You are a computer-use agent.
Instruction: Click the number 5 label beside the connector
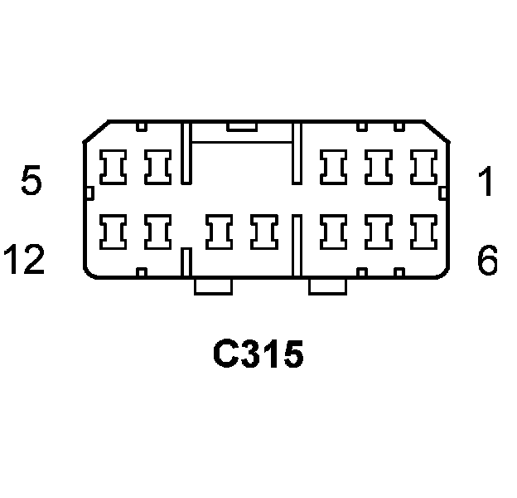31,182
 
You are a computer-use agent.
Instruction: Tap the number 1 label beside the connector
487,182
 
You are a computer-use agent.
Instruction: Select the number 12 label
22,261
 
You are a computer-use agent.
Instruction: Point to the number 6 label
487,261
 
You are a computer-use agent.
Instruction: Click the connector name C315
258,355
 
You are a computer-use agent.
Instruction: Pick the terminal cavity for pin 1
425,167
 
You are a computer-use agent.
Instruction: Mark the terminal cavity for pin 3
335,167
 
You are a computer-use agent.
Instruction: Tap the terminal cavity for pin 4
157,167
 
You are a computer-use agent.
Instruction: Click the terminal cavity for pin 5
112,167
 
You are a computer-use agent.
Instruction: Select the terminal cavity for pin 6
425,232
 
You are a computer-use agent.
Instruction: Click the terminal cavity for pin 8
335,232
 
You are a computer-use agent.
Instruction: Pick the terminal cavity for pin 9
264,232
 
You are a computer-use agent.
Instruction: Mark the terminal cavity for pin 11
157,232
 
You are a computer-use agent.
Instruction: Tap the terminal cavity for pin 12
112,232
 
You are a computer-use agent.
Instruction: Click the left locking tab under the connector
212,286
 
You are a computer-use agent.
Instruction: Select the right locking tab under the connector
327,286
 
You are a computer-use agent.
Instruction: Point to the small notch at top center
242,126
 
